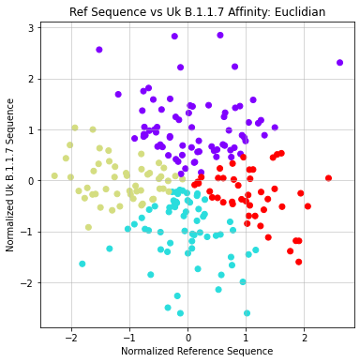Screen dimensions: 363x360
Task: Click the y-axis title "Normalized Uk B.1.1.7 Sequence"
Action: pyautogui.click(x=10, y=175)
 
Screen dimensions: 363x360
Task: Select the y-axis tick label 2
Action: pyautogui.click(x=31, y=79)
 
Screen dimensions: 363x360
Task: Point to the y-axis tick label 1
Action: pyautogui.click(x=31, y=129)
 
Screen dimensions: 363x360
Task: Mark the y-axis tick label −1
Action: pyautogui.click(x=28, y=232)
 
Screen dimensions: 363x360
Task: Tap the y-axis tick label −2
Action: pyautogui.click(x=28, y=282)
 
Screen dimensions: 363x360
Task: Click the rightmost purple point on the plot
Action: pyautogui.click(x=339, y=63)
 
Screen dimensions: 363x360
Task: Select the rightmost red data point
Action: pyautogui.click(x=328, y=177)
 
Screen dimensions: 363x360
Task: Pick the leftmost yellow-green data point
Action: pyautogui.click(x=54, y=175)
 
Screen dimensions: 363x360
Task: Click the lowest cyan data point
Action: pyautogui.click(x=247, y=313)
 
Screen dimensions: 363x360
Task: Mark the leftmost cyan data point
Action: pyautogui.click(x=82, y=264)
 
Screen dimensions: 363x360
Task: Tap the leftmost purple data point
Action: pyautogui.click(x=99, y=50)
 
